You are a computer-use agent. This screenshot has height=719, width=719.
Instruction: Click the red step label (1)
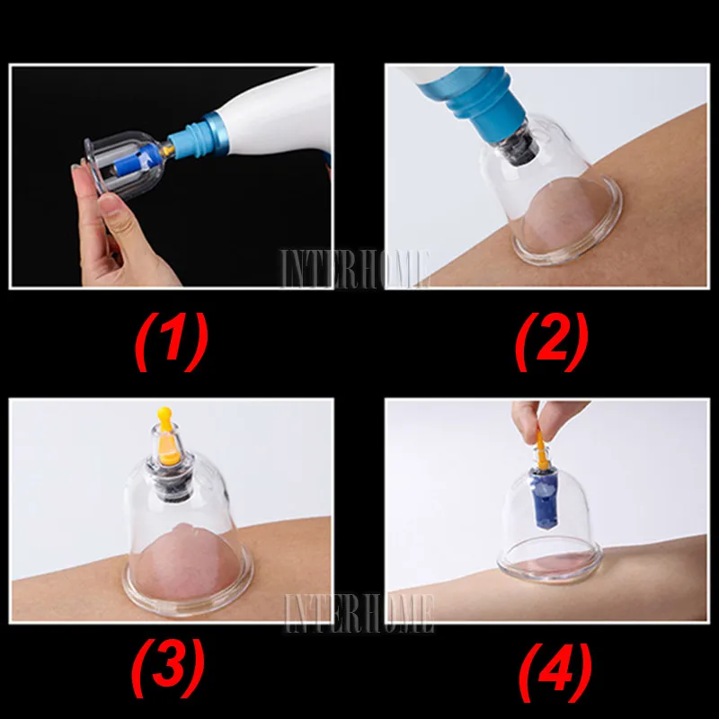pyautogui.click(x=172, y=342)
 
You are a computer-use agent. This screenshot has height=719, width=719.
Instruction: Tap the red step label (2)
pyautogui.click(x=551, y=342)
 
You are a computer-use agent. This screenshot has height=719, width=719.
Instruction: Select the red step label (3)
pyautogui.click(x=168, y=668)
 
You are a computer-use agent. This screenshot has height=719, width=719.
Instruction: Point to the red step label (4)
pyautogui.click(x=555, y=672)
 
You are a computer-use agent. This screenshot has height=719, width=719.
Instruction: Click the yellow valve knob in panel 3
pyautogui.click(x=167, y=436)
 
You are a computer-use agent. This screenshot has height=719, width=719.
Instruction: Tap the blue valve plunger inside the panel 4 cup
pyautogui.click(x=544, y=498)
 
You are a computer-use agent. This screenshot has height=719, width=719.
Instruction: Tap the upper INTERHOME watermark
pyautogui.click(x=355, y=269)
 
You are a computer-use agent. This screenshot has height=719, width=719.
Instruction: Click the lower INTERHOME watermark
pyautogui.click(x=359, y=613)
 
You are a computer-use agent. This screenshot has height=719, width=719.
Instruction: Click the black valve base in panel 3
pyautogui.click(x=172, y=481)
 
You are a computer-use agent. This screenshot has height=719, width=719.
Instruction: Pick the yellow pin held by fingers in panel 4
pyautogui.click(x=541, y=451)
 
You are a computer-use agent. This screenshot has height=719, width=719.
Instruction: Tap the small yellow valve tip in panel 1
pyautogui.click(x=167, y=149)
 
